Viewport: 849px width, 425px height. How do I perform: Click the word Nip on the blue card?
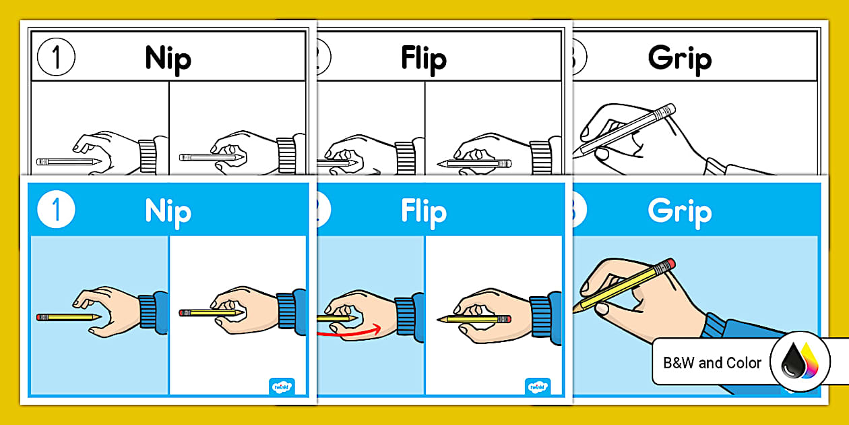[168, 212]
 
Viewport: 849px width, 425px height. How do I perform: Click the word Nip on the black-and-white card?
[168, 59]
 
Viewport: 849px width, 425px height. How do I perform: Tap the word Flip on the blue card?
[423, 212]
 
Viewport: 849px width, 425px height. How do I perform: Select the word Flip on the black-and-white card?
[423, 59]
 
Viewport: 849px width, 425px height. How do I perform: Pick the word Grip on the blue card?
[679, 212]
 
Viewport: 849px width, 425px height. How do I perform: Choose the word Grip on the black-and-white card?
[679, 59]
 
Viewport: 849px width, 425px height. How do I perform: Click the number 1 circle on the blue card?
[57, 210]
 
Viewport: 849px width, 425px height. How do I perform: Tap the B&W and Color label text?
[712, 363]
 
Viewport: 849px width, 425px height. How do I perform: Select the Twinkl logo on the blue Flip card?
[538, 386]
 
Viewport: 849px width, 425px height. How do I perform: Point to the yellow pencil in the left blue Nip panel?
[67, 316]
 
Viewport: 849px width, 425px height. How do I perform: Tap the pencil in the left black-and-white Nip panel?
[67, 162]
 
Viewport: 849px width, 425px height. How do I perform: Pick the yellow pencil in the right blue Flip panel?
[475, 318]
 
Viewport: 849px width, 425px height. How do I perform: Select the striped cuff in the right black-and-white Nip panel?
[286, 157]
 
